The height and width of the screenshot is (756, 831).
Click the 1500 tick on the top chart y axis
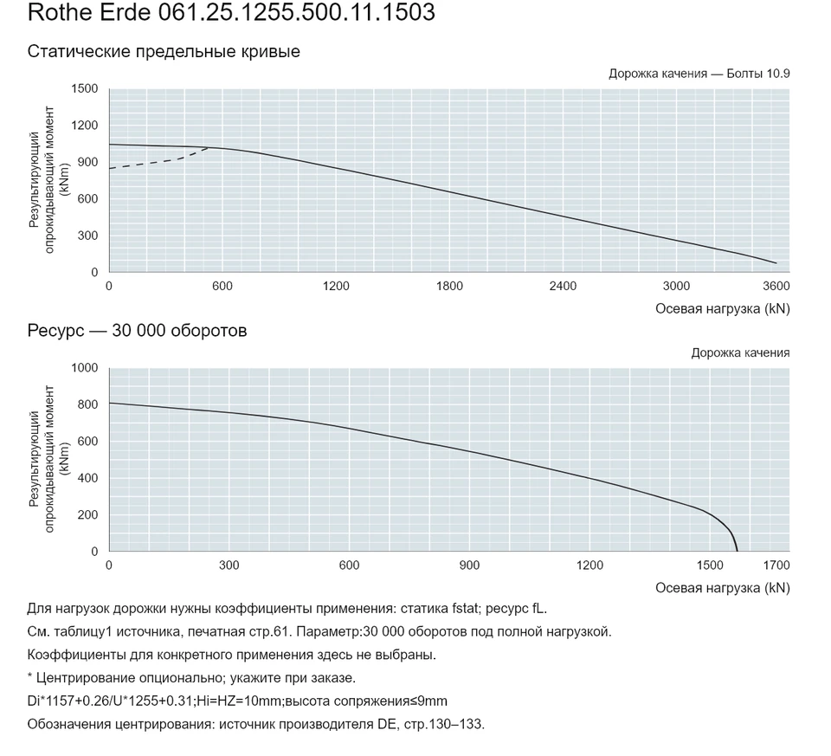click(85, 88)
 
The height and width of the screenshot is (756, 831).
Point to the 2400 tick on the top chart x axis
click(563, 287)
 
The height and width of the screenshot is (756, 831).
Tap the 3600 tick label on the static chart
click(776, 287)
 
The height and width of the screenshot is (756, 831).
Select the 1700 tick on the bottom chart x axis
click(776, 565)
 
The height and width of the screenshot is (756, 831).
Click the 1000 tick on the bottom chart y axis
click(85, 368)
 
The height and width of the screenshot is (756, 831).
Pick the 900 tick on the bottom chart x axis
click(469, 565)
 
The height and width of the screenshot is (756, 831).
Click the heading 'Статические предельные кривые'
click(164, 52)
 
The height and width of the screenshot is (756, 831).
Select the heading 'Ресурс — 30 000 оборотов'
click(138, 331)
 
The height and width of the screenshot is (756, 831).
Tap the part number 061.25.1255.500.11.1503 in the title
click(297, 12)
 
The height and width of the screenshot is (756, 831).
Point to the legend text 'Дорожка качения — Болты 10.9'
click(699, 74)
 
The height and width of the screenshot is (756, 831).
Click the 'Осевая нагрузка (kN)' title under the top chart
click(723, 309)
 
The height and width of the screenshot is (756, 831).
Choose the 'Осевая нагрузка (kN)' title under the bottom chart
click(723, 588)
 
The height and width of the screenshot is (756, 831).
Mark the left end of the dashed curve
click(110, 169)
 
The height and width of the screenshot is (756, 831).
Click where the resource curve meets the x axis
click(737, 551)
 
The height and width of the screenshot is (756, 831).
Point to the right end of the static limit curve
click(776, 263)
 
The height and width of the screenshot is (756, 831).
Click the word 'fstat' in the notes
click(465, 609)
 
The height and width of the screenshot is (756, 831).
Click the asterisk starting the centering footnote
click(30, 676)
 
